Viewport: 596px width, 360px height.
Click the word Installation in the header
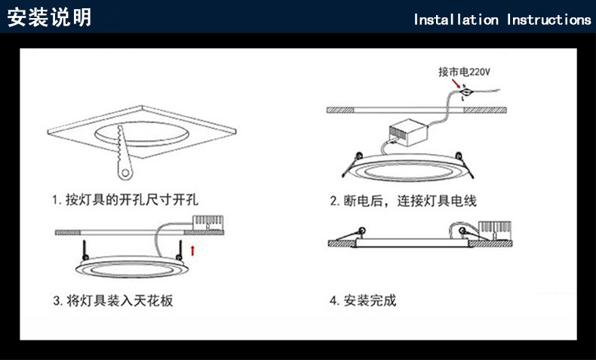456,20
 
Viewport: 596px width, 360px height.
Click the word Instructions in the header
548,20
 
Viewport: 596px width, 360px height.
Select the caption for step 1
129,201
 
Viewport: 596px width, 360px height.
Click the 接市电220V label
464,72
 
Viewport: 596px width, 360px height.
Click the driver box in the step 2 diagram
408,135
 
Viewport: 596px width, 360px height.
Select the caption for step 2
403,201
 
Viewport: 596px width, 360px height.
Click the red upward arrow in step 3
194,248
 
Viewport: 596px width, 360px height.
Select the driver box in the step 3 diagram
207,223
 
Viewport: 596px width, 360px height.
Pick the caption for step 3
113,300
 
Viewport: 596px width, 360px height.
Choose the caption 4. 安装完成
362,300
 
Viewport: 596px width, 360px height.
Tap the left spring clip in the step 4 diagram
362,231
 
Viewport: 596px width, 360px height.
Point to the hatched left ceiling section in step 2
340,109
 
